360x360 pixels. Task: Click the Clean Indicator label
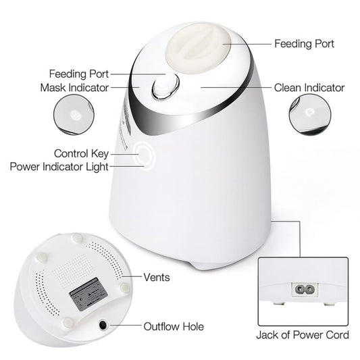click(309, 88)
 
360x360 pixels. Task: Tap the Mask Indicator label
click(74, 88)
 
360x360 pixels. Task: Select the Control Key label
click(81, 153)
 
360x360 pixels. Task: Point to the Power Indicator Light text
click(59, 167)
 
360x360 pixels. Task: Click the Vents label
click(157, 277)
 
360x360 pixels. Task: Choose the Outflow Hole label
click(174, 326)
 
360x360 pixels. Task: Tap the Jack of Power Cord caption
click(303, 335)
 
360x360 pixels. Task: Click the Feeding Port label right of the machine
click(304, 44)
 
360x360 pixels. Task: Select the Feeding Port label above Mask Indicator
click(79, 74)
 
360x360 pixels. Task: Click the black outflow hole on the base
click(103, 325)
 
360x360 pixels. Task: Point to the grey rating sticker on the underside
click(88, 294)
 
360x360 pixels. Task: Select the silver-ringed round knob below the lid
click(165, 86)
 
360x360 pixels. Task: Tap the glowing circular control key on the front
click(144, 155)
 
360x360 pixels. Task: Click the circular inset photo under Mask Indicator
click(74, 115)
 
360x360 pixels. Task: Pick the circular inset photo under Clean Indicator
click(310, 115)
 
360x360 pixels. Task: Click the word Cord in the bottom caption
click(338, 335)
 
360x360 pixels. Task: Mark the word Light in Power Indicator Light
click(97, 167)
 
